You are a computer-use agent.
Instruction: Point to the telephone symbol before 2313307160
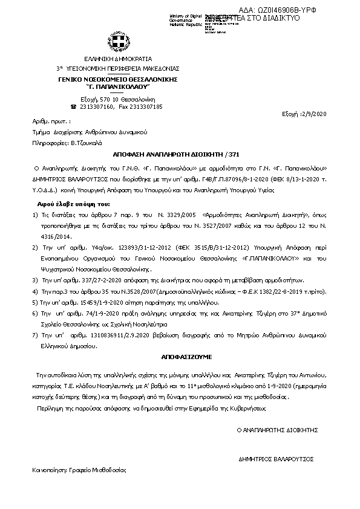[74, 106]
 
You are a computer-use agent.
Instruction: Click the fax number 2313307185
[149, 106]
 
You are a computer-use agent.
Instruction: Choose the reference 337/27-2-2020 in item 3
[91, 280]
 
